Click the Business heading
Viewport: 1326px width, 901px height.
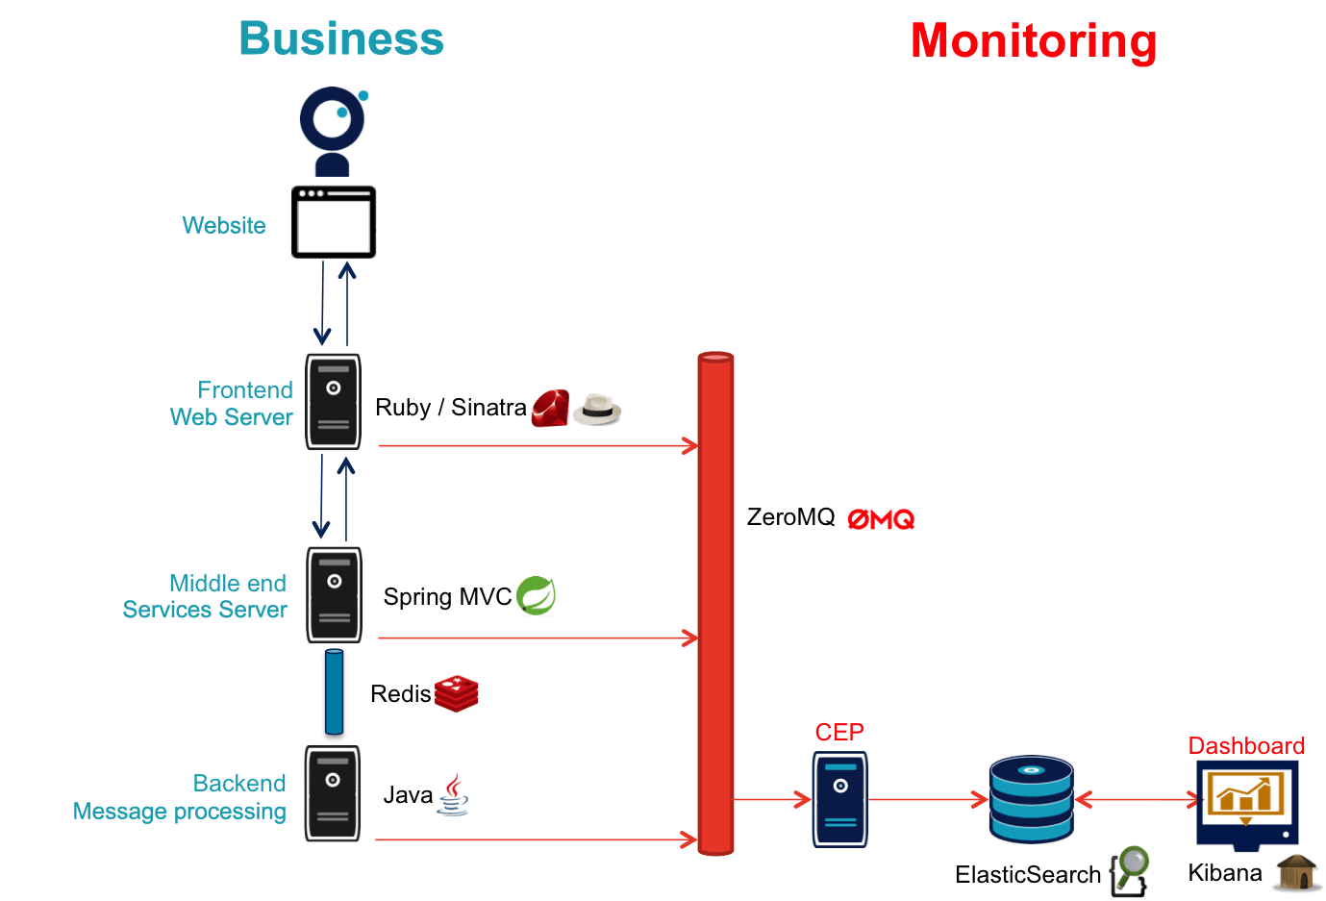pos(341,38)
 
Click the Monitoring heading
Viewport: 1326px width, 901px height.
pos(1034,40)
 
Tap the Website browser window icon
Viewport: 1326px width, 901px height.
pos(334,222)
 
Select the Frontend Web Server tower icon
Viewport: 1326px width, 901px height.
pos(334,402)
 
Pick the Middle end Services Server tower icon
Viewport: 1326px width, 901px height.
pos(334,595)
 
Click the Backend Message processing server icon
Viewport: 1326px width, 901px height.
pos(333,793)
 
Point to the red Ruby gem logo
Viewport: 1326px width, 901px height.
pos(550,409)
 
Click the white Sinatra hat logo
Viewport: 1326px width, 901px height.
pos(597,410)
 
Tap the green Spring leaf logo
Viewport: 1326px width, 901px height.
pos(536,596)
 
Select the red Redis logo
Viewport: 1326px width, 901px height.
pos(456,693)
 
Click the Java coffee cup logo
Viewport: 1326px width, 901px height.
pos(453,794)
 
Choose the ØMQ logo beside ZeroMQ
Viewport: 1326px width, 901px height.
pos(881,519)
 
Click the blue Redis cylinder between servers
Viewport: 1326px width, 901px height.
pos(334,694)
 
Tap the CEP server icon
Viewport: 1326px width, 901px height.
pos(840,799)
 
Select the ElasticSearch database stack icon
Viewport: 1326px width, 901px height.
pos(1031,799)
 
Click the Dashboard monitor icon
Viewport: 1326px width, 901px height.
pos(1247,804)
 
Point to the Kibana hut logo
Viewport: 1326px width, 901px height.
pos(1296,873)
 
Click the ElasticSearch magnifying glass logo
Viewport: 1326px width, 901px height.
pos(1129,871)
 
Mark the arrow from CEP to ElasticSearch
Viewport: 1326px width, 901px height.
pos(928,799)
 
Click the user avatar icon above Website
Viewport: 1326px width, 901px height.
pos(333,131)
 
